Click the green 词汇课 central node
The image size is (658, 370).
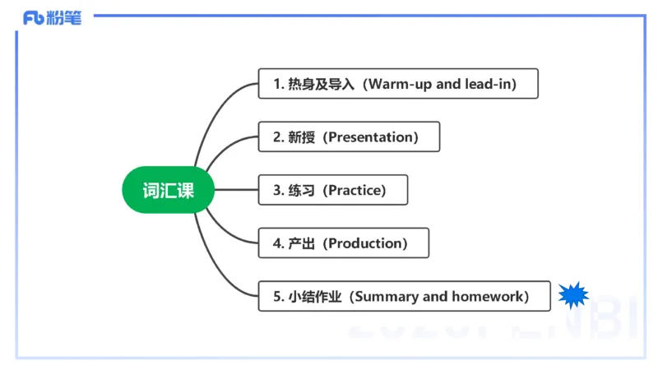pyautogui.click(x=169, y=190)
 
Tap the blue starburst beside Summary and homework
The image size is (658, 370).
pyautogui.click(x=573, y=294)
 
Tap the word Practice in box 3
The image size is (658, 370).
pyautogui.click(x=355, y=191)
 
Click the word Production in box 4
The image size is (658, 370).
pyautogui.click(x=365, y=243)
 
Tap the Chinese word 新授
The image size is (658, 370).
pyautogui.click(x=301, y=137)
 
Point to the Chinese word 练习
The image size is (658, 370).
pyautogui.click(x=301, y=191)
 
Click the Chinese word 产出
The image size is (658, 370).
pyautogui.click(x=301, y=243)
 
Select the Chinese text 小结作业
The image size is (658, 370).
pyautogui.click(x=316, y=297)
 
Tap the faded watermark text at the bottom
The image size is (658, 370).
pyautogui.click(x=493, y=327)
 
